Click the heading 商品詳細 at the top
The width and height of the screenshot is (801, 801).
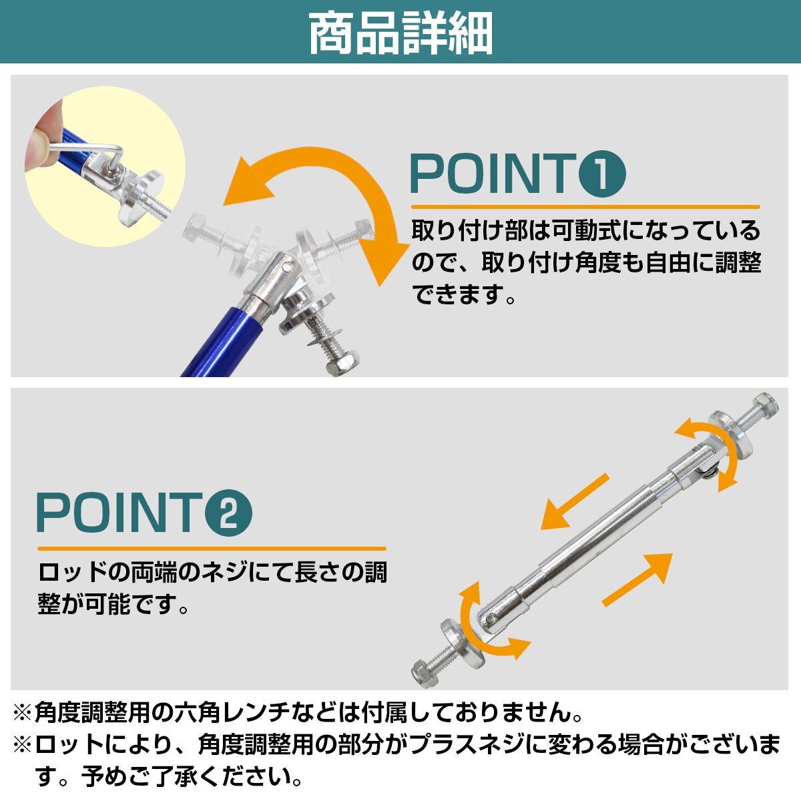pyautogui.click(x=400, y=33)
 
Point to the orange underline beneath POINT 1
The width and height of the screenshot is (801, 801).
pyautogui.click(x=585, y=207)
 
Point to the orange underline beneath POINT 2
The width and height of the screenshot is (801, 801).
pyautogui.click(x=211, y=549)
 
